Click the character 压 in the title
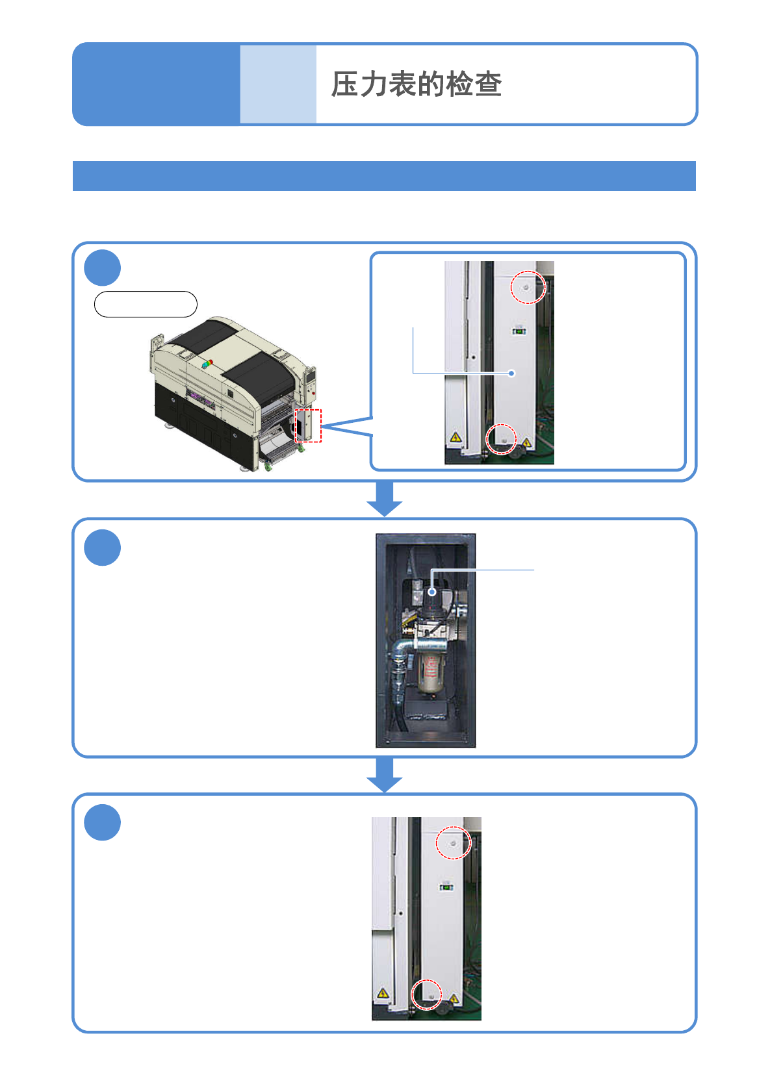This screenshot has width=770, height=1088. point(345,84)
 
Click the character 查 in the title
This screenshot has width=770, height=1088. point(488,84)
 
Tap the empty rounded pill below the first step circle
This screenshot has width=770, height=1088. point(146,304)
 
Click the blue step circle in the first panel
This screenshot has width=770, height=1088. point(103,268)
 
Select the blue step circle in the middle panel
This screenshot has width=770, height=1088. point(103,548)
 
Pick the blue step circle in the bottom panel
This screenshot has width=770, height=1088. point(103,822)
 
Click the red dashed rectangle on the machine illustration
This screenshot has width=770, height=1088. point(309,425)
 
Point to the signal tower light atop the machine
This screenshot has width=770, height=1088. point(207,363)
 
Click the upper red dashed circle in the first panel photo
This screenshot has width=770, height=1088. point(528,287)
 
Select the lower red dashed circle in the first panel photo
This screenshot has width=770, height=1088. point(502,439)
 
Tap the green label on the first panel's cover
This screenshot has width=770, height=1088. point(519,331)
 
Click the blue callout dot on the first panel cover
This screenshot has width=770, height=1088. point(512,373)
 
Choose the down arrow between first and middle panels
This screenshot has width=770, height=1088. point(385,499)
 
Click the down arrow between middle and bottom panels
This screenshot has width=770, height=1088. point(385,774)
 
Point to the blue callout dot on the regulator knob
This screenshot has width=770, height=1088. point(432,592)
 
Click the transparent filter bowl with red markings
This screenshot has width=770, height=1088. point(429,672)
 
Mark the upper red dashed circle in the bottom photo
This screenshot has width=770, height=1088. point(453,843)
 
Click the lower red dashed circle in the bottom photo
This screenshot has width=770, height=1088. point(427,994)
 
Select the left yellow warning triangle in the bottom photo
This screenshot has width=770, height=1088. point(383,993)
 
